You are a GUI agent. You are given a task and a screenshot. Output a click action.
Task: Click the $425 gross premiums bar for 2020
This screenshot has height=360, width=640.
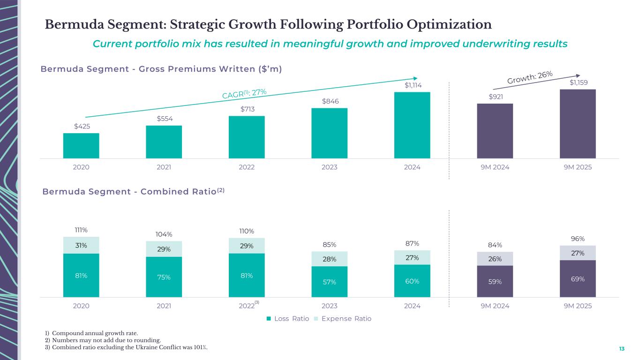pyautogui.click(x=81, y=146)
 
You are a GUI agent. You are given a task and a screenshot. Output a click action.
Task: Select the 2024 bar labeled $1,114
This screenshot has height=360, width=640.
pyautogui.click(x=412, y=125)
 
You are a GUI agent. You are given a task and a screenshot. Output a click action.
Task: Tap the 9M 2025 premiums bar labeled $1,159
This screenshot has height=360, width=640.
pyautogui.click(x=578, y=124)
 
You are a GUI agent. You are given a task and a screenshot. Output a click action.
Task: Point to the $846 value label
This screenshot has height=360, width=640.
pyautogui.click(x=330, y=101)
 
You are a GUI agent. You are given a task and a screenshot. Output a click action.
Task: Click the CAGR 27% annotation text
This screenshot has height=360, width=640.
pyautogui.click(x=244, y=93)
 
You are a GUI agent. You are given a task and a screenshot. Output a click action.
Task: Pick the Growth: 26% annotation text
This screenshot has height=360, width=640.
pyautogui.click(x=530, y=78)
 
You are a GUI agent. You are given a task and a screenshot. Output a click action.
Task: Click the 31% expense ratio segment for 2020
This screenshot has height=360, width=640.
pyautogui.click(x=81, y=245)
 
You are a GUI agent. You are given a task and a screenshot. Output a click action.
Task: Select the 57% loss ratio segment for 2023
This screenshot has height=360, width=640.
pyautogui.click(x=330, y=282)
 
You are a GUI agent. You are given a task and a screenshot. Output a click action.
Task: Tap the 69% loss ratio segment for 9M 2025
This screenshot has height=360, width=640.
pyautogui.click(x=578, y=279)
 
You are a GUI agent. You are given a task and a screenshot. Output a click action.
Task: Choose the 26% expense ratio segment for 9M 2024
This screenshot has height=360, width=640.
pyautogui.click(x=495, y=259)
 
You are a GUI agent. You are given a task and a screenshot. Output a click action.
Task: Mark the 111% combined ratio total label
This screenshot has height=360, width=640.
pyautogui.click(x=81, y=230)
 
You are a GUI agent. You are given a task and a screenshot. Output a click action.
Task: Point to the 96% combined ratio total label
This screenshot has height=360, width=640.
pyautogui.click(x=578, y=238)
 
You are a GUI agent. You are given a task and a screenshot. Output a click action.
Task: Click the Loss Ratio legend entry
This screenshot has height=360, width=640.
pyautogui.click(x=287, y=319)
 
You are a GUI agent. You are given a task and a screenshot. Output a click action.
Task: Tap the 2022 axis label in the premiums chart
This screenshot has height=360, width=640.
pyautogui.click(x=247, y=167)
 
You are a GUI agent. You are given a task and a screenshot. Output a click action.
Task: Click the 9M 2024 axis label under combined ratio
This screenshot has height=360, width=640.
pyautogui.click(x=495, y=306)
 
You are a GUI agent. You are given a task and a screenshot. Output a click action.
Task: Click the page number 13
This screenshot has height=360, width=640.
pyautogui.click(x=622, y=349)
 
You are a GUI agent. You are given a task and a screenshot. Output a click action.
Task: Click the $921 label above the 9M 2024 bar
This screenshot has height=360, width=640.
pyautogui.click(x=495, y=97)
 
